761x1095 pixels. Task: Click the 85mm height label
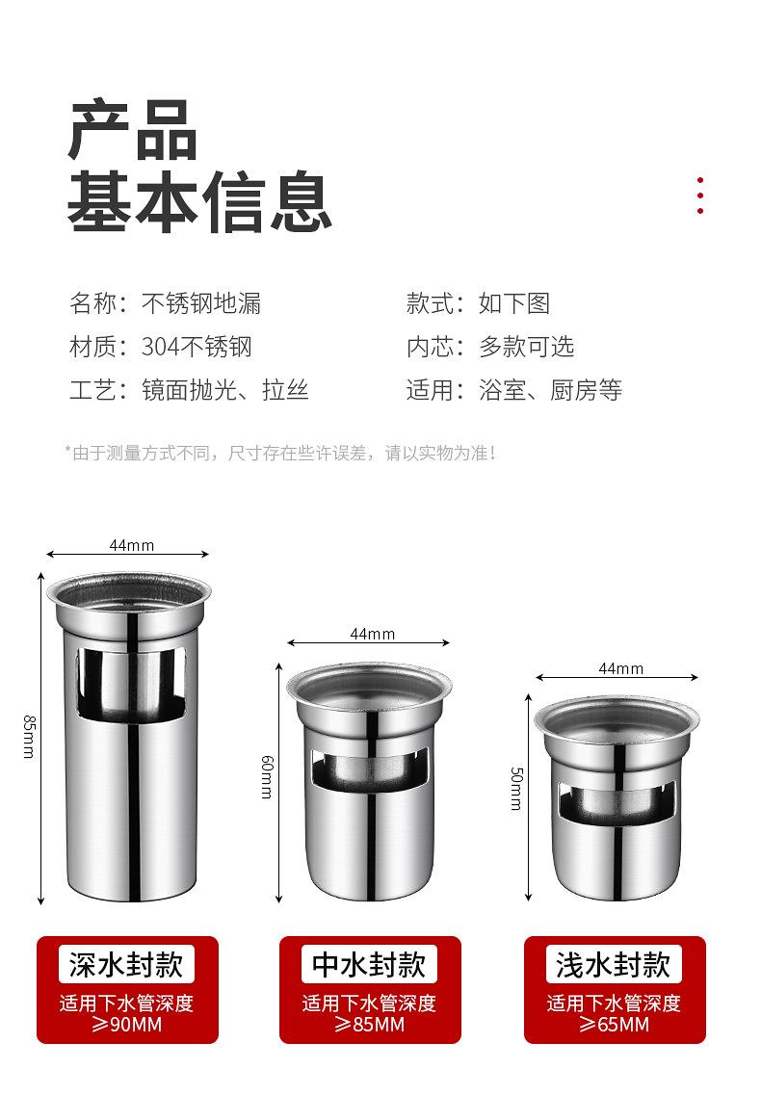point(28,736)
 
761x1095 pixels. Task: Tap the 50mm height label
point(516,788)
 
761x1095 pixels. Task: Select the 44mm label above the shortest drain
point(620,668)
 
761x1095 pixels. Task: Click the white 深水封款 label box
point(127,964)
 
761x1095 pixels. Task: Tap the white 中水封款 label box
point(369,964)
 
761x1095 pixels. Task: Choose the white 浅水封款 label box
point(614,964)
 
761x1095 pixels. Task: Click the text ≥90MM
point(127,1025)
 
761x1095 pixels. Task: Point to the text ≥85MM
point(369,1025)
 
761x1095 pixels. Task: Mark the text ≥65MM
point(614,1025)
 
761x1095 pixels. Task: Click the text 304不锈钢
point(197,347)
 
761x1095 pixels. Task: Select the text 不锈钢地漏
point(201,303)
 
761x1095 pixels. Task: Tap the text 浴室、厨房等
point(550,390)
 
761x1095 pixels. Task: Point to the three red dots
point(700,196)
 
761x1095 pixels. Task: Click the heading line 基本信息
point(199,200)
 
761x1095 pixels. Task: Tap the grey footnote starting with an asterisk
point(280,452)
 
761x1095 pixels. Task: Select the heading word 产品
point(133,130)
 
